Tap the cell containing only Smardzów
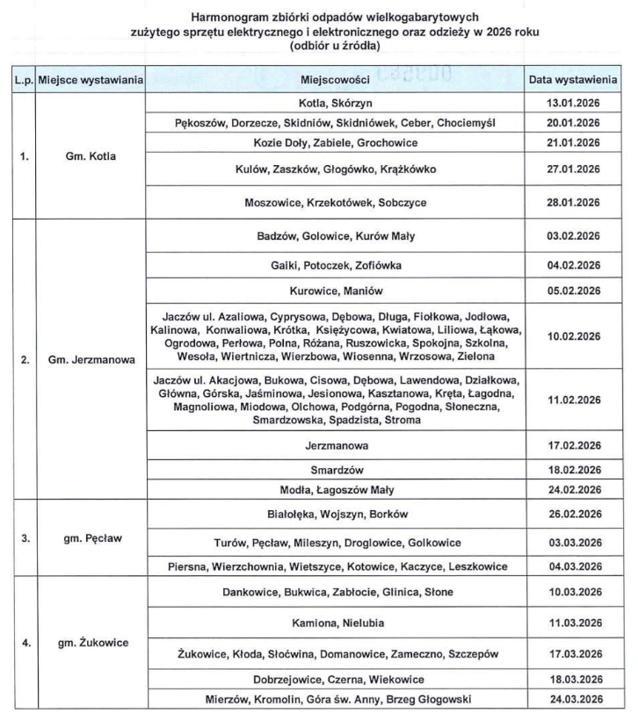point(337,470)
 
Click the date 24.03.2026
point(572,699)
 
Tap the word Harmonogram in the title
point(225,18)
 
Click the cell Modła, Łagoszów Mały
point(337,489)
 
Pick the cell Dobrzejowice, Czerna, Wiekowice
point(337,679)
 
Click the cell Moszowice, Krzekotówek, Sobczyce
point(337,202)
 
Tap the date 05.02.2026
point(572,290)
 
